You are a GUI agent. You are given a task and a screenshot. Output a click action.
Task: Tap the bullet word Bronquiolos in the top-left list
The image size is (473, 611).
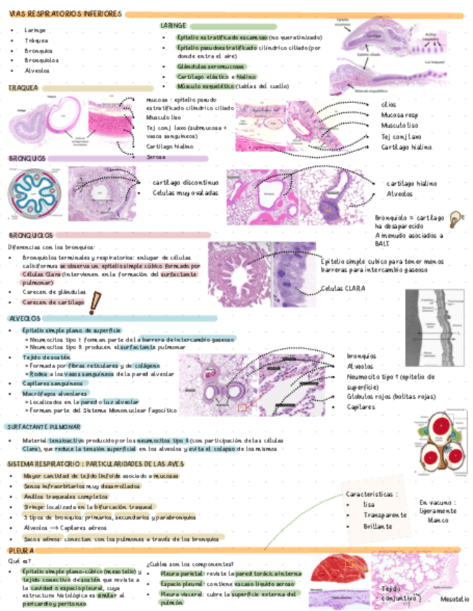[x=41, y=61]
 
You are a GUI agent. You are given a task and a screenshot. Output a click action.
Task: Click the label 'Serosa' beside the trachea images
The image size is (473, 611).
[x=156, y=156]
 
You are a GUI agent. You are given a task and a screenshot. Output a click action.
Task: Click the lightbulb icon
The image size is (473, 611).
[x=455, y=218]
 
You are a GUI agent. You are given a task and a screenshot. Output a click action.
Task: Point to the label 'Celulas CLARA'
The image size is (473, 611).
[x=343, y=288]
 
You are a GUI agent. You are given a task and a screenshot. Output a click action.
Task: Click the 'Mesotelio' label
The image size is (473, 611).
[x=453, y=598]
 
